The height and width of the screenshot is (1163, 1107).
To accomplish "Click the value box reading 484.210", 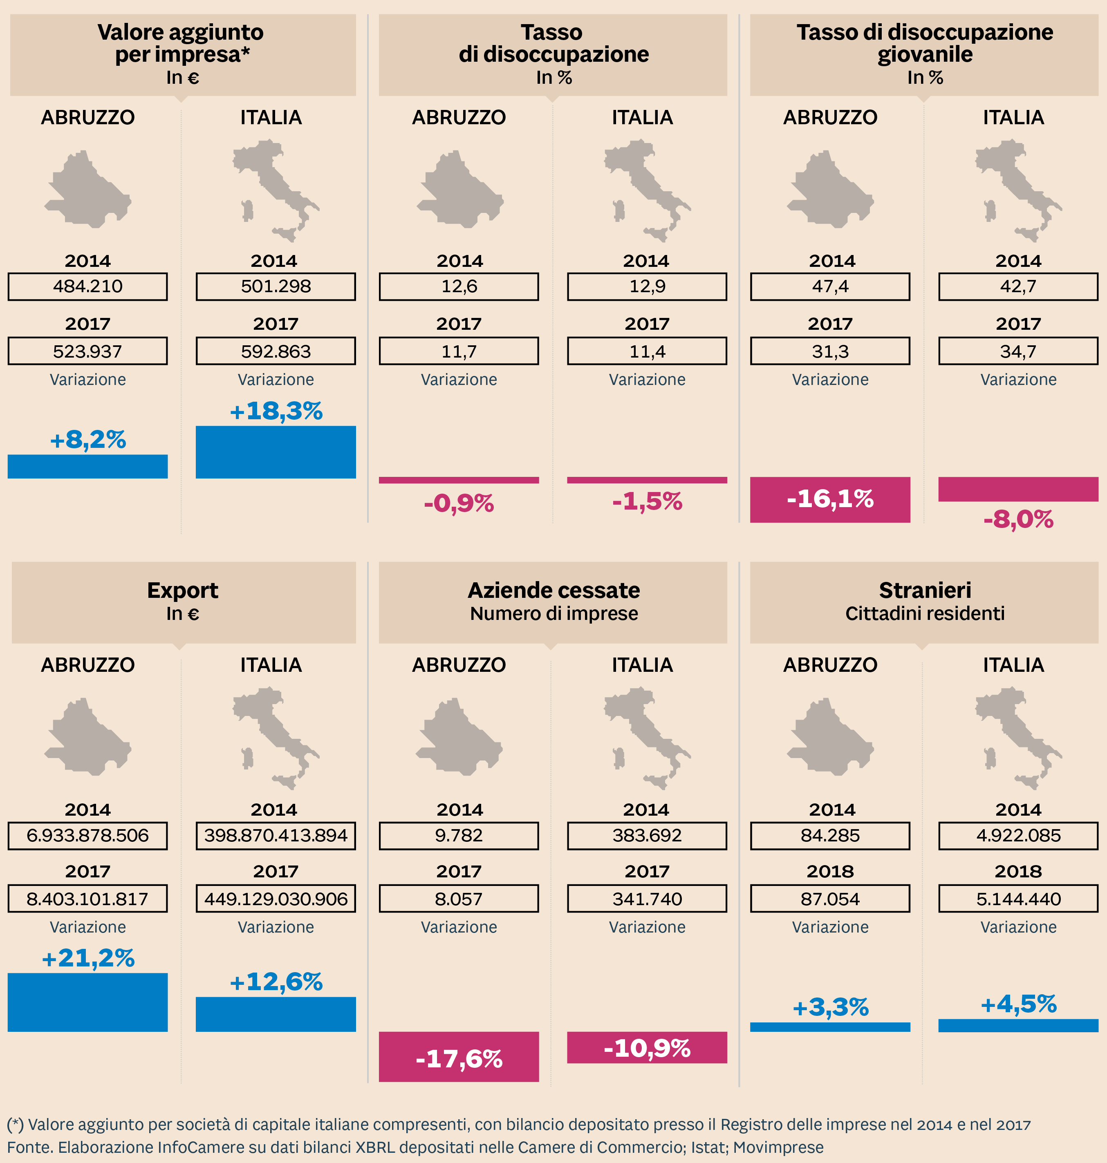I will point(87,286).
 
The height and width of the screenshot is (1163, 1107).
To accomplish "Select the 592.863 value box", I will point(276,351).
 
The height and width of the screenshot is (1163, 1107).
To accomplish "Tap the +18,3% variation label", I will point(276,411).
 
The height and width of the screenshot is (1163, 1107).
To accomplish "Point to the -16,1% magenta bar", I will point(830,499).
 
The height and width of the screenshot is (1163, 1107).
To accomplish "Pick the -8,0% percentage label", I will point(1018,519).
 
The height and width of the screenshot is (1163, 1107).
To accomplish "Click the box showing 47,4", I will point(830,286).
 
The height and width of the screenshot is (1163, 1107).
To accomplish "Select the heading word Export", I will point(182,590).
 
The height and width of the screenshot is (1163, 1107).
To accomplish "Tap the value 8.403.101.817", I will point(87,899).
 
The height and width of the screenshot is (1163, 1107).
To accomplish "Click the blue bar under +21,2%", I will point(87,1002).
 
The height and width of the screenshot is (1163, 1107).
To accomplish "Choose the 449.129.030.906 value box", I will point(276,899).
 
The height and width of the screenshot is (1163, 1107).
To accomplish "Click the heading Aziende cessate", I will point(553,590).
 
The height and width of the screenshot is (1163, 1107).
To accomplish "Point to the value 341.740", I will point(647,899).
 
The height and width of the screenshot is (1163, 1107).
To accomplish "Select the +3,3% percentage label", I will point(830,1007).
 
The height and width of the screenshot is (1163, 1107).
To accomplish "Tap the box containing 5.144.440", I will point(1018,899).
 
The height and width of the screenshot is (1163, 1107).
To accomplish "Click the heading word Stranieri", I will point(925,590).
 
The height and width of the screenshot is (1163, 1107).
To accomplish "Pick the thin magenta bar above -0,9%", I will point(459,480).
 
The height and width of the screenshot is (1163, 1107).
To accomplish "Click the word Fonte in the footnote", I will point(29,1147).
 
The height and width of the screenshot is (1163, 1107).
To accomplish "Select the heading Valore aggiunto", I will point(181,32).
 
